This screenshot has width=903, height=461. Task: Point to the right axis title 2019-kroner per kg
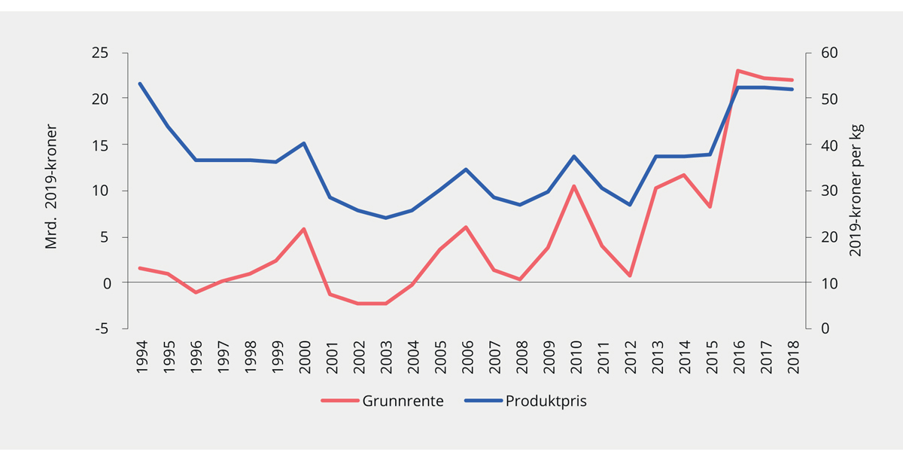coord(855,190)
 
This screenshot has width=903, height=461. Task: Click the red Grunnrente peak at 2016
coord(738,70)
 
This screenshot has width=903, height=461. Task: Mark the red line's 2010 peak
coord(575,186)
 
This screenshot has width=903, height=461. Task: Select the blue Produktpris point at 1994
coord(140,84)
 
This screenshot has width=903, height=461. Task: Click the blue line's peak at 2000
coord(303,143)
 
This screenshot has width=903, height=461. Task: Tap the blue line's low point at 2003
coord(385,218)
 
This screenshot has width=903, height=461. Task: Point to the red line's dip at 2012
coord(629,276)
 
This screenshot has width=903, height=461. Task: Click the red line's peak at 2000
coord(303,229)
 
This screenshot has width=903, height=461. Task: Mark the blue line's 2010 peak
coord(575,156)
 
